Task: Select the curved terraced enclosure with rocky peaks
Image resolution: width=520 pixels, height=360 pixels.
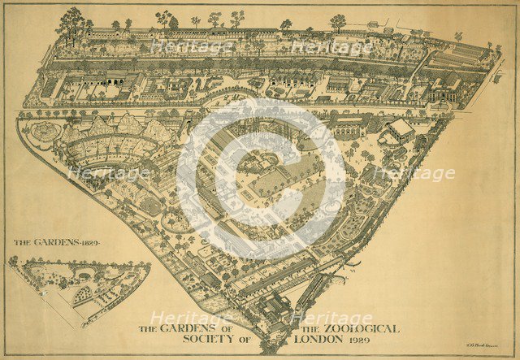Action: click(110, 146)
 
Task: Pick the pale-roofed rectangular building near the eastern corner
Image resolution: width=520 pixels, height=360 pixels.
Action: click(400, 130)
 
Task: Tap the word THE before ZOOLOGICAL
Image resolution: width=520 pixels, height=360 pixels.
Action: click(314, 328)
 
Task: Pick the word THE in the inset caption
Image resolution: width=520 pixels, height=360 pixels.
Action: click(24, 242)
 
